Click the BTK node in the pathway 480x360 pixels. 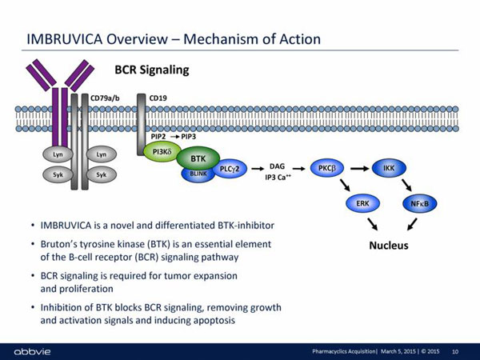tap(198, 158)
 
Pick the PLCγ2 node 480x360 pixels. tap(233, 168)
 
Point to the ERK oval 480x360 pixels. tap(362, 204)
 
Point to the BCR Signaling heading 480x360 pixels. tap(152, 70)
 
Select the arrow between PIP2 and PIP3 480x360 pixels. tap(175, 137)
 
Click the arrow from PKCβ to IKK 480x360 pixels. tap(358, 168)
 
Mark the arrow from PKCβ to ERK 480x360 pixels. tap(346, 186)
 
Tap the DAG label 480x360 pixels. tap(278, 166)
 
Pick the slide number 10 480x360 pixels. tap(455, 351)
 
